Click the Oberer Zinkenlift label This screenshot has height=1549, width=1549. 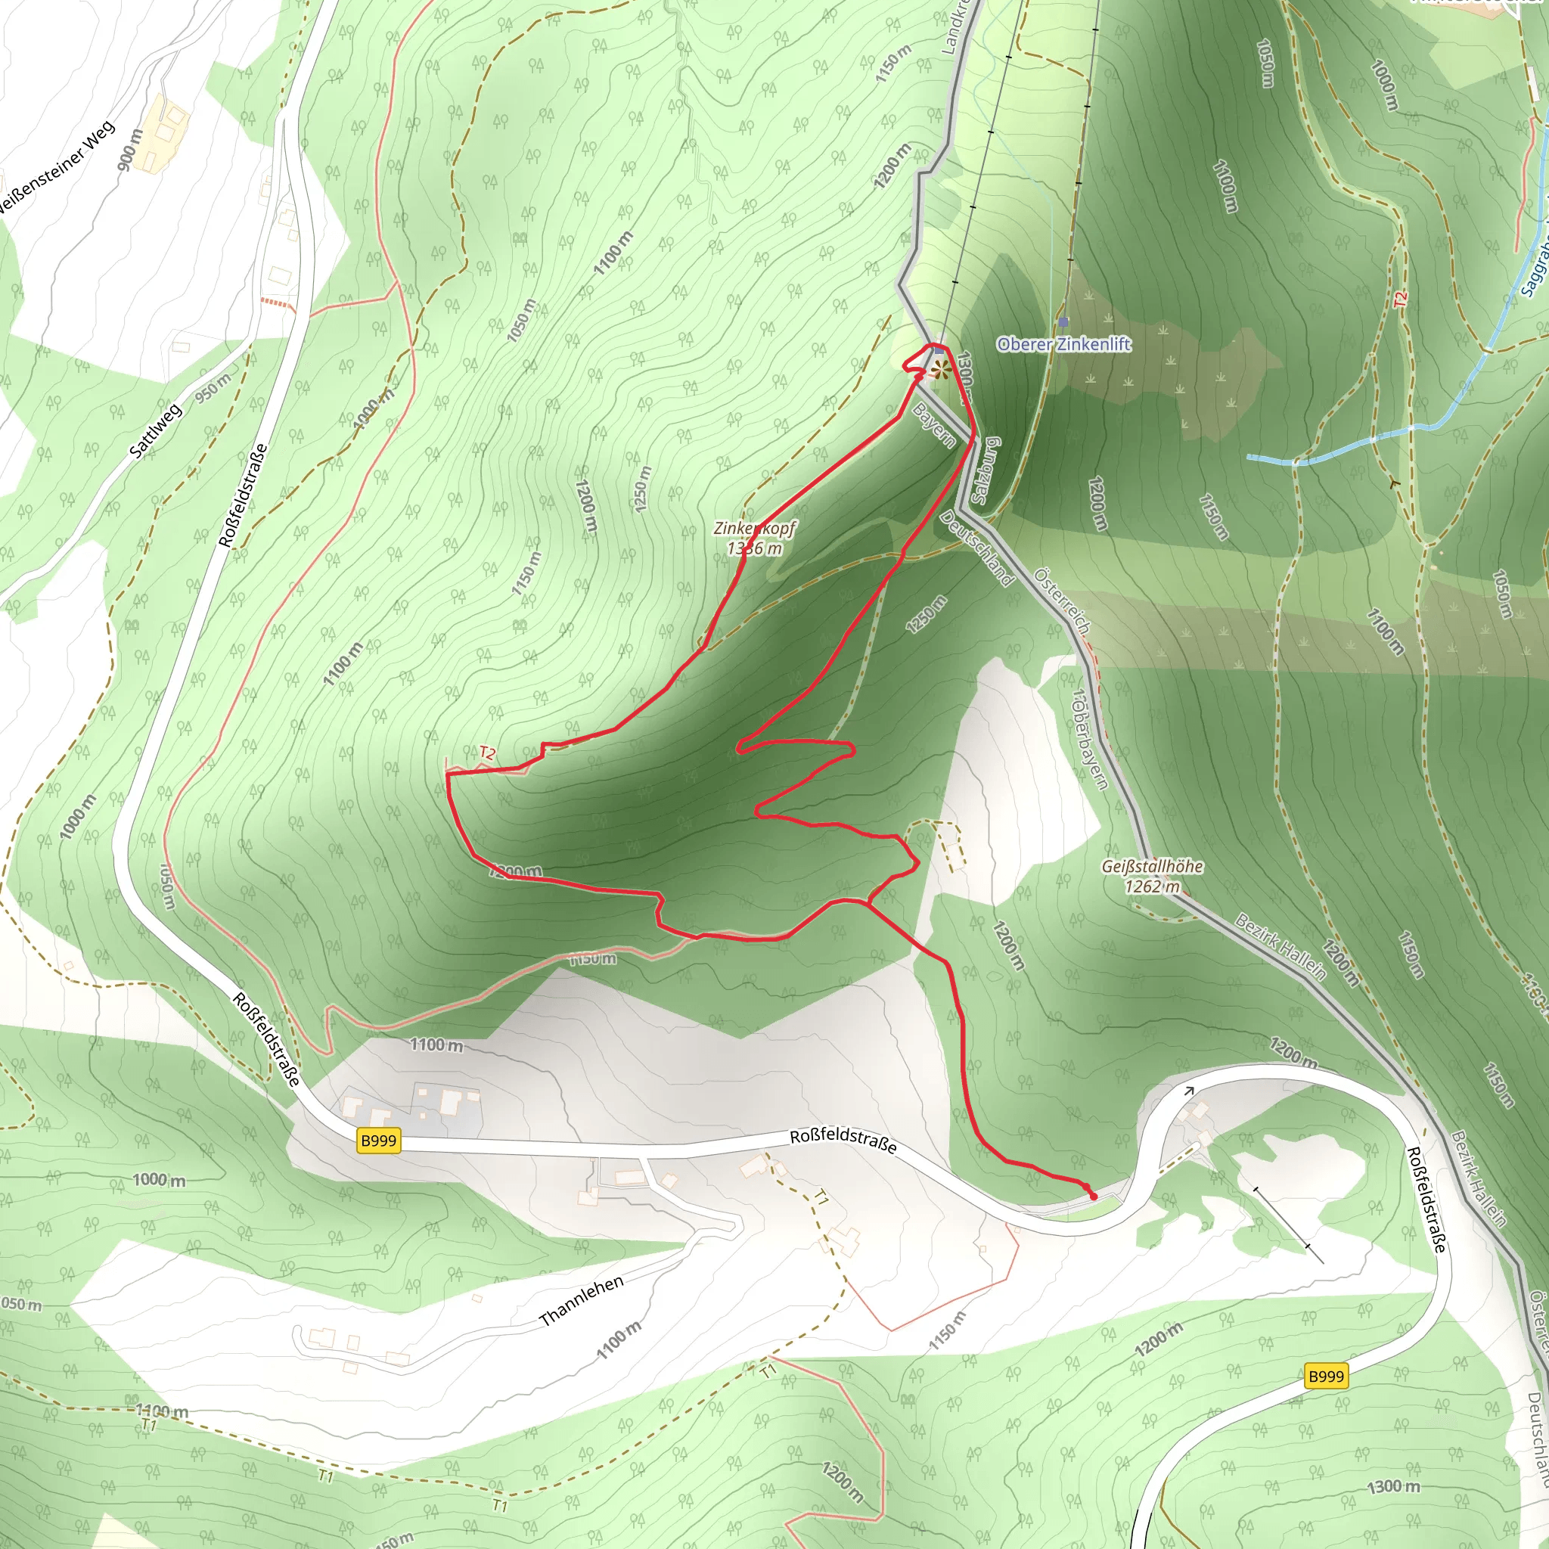[1063, 344]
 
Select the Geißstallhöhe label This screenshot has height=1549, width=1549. [1151, 866]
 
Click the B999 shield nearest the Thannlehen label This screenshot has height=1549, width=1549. [378, 1140]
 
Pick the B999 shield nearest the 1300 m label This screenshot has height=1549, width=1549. [1325, 1376]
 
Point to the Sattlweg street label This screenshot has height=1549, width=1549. [156, 431]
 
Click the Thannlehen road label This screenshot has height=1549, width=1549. [582, 1301]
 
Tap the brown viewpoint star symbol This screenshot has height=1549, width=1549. [940, 370]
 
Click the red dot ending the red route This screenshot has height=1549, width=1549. [1094, 1197]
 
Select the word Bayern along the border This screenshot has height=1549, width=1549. [934, 424]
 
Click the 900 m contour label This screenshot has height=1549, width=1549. [130, 149]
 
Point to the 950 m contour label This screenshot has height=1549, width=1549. [213, 388]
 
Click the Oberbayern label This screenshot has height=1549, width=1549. [1090, 738]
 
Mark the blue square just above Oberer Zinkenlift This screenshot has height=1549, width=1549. [1063, 321]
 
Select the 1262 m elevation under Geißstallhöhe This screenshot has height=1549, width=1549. [1151, 886]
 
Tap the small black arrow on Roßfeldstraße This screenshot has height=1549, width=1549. [1189, 1091]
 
